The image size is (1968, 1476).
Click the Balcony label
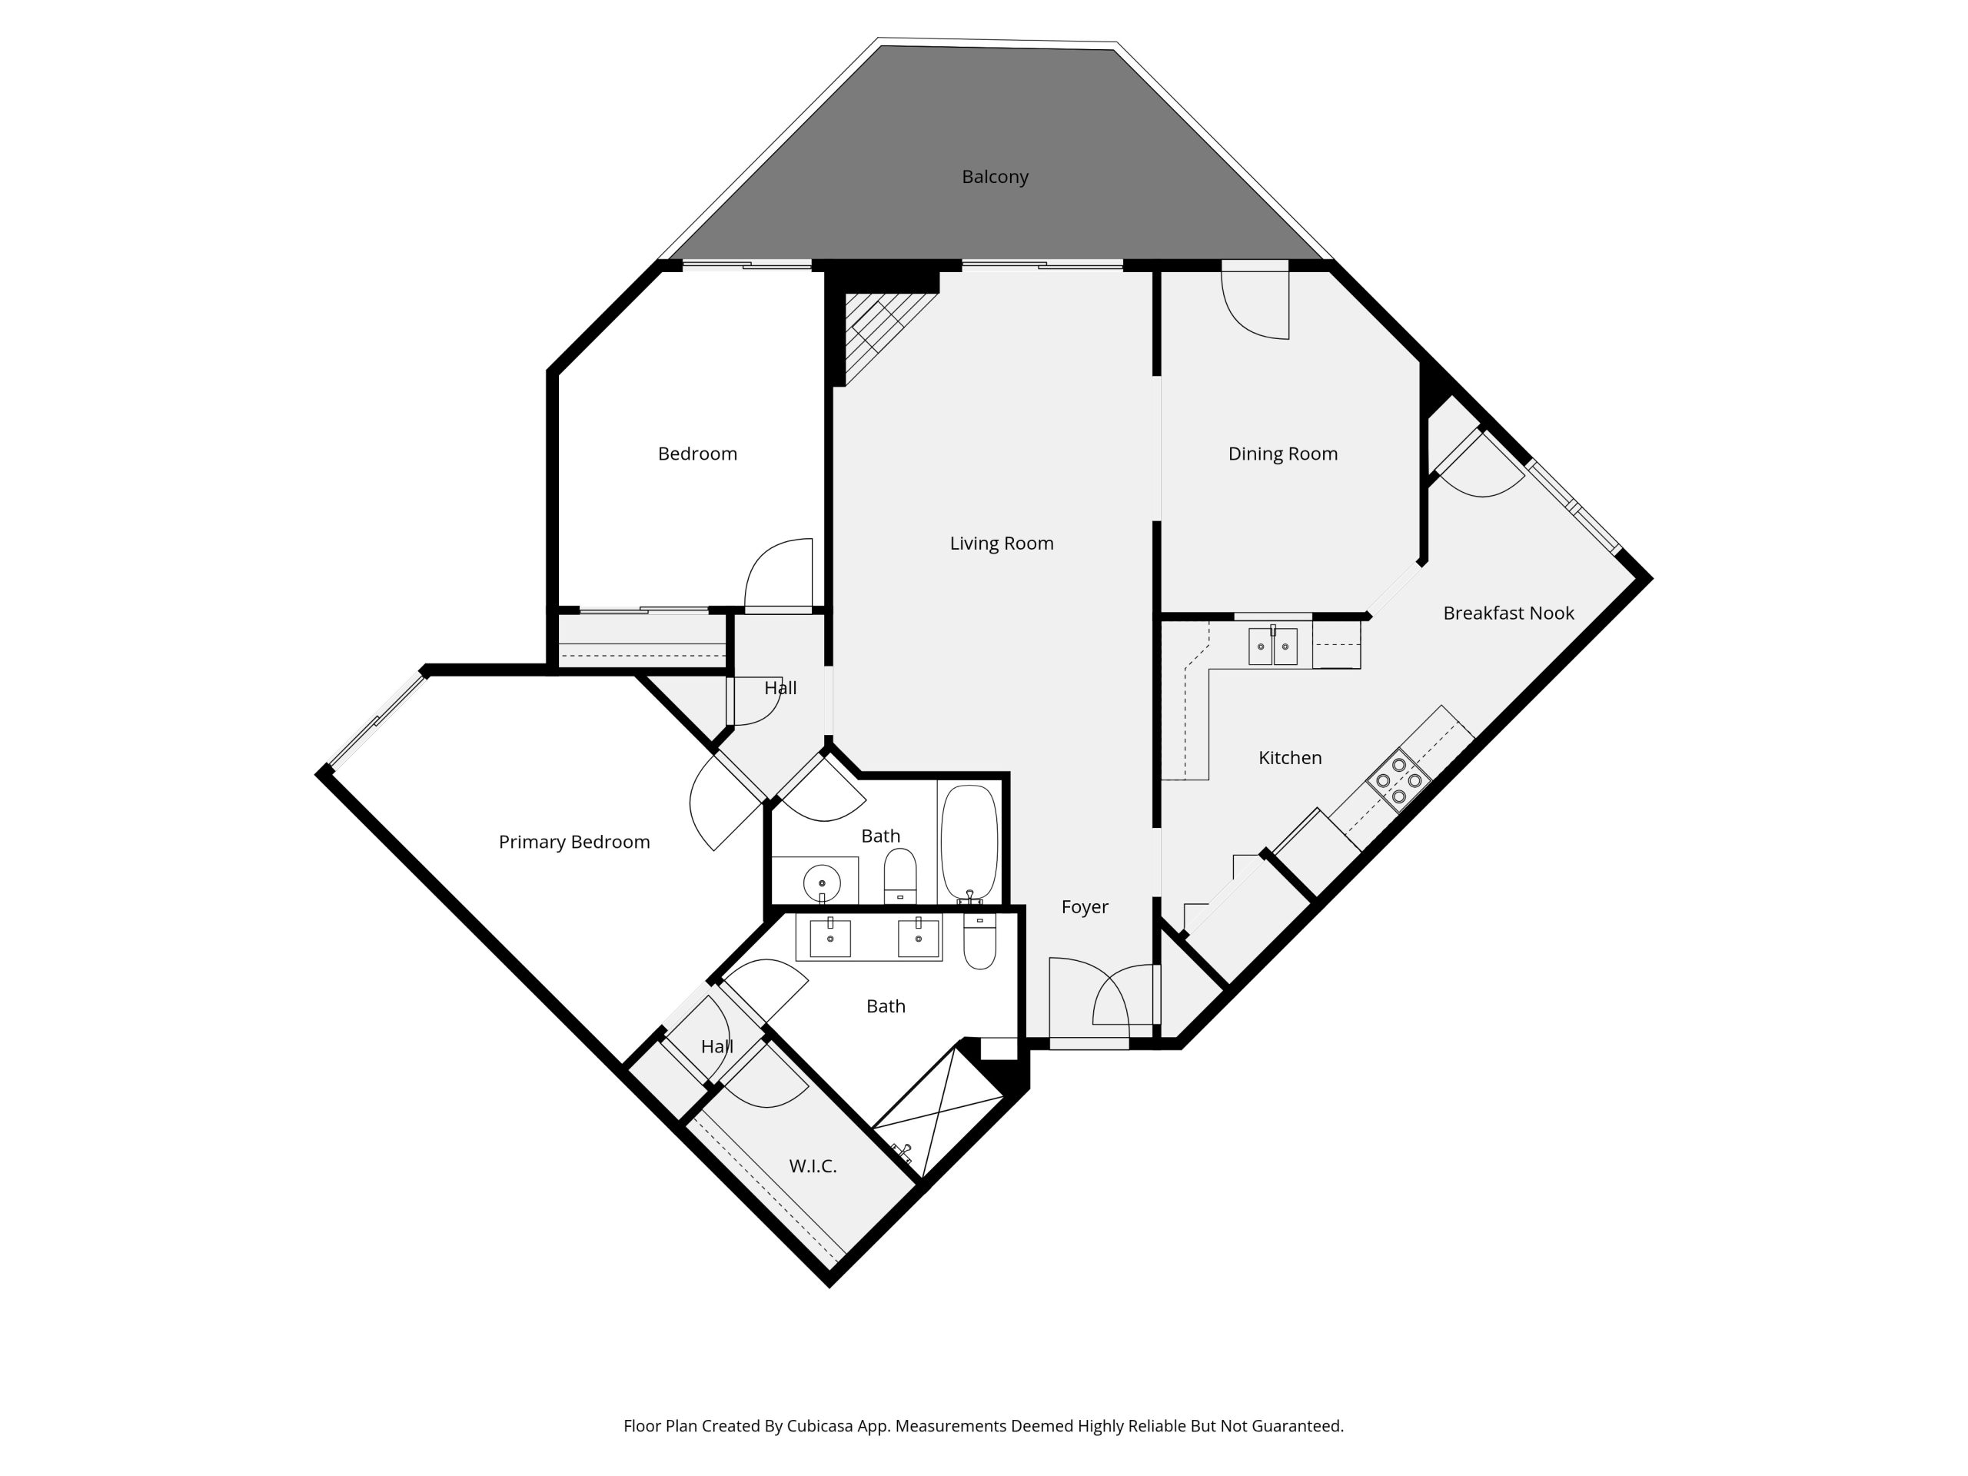(995, 177)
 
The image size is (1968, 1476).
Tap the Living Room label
(1001, 543)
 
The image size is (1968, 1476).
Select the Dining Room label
(1282, 454)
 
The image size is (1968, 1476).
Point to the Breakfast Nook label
(1508, 613)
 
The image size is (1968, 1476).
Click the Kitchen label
(1289, 758)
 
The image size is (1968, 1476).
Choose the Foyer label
(1085, 906)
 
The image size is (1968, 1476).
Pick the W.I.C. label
(813, 1165)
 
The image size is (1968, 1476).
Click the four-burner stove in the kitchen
(1398, 780)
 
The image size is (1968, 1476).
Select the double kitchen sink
(1272, 646)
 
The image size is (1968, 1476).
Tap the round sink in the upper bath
(821, 883)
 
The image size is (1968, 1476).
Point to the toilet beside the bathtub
(899, 876)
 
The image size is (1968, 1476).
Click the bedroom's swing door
(779, 573)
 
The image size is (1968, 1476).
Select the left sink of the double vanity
(829, 938)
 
